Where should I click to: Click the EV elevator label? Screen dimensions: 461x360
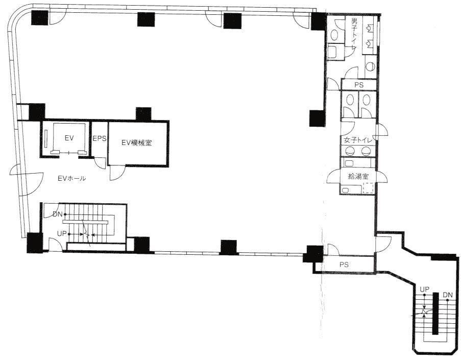click(x=69, y=138)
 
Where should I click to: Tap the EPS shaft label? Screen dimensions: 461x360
click(x=100, y=138)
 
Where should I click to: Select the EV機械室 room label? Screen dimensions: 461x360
click(x=137, y=143)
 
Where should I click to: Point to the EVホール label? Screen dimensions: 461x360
click(x=72, y=178)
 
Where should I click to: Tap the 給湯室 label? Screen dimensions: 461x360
click(x=358, y=177)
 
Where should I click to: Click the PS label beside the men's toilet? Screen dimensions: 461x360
click(x=359, y=85)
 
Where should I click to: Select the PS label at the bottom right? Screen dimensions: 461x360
click(x=344, y=265)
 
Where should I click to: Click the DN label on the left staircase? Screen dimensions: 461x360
click(x=58, y=214)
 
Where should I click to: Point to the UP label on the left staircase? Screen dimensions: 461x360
click(x=62, y=234)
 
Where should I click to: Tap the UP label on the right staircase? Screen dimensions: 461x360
click(x=424, y=290)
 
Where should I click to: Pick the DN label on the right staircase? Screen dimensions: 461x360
click(x=448, y=295)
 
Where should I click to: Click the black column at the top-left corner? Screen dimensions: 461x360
click(x=40, y=18)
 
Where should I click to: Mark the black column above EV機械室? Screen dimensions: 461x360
click(x=144, y=114)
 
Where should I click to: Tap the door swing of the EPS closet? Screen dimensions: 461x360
click(x=100, y=163)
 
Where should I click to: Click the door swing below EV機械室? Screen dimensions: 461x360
click(x=117, y=173)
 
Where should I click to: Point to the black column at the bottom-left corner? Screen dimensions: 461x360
click(x=35, y=243)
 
